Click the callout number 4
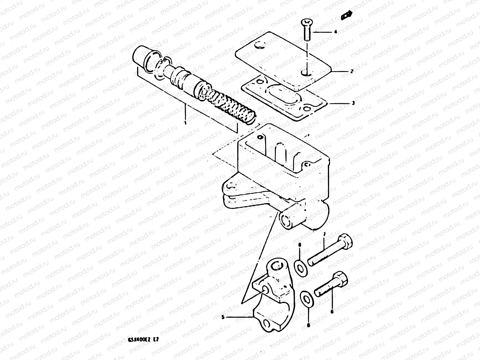point(336,31)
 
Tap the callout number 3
point(353,103)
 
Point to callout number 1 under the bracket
point(185,123)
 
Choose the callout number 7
point(324,234)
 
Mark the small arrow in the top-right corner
point(347,14)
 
